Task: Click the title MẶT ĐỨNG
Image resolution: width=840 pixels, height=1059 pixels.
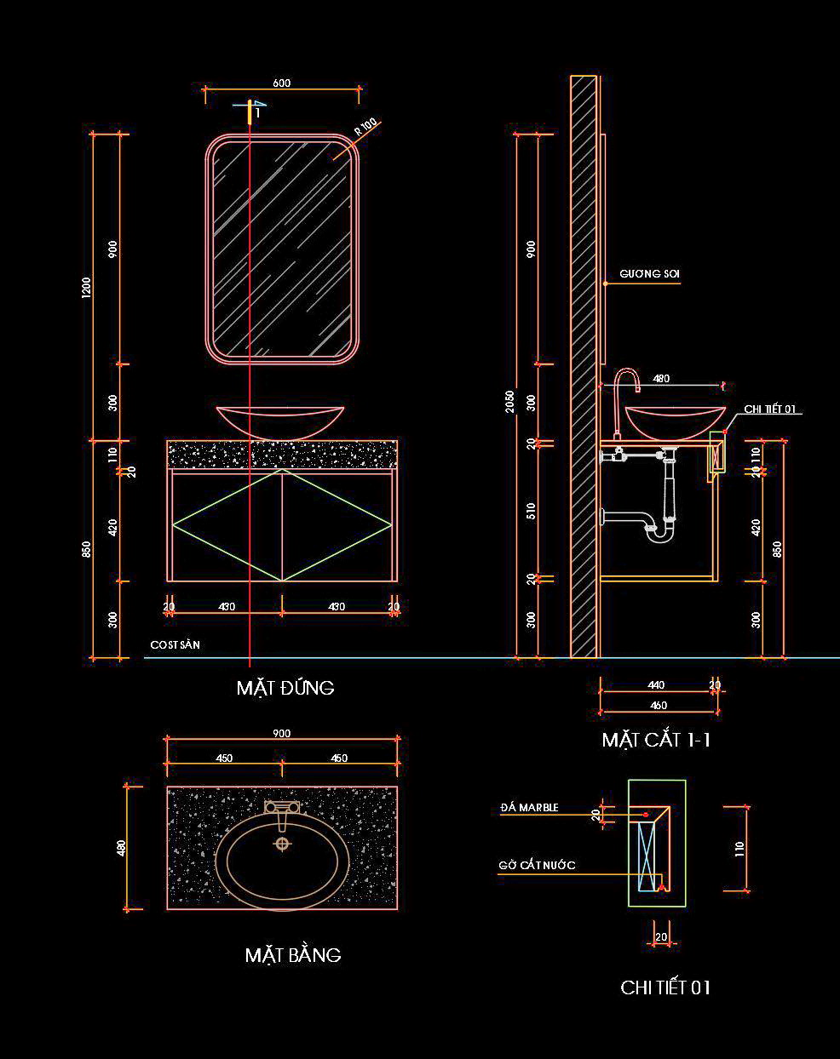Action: pyautogui.click(x=285, y=688)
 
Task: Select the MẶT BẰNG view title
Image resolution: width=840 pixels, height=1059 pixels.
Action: pyautogui.click(x=293, y=955)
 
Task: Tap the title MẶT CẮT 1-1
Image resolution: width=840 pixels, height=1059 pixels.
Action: pyautogui.click(x=656, y=740)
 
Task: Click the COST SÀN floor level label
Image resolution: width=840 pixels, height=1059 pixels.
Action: pyautogui.click(x=175, y=645)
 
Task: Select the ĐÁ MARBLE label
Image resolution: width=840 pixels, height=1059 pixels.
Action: pyautogui.click(x=529, y=807)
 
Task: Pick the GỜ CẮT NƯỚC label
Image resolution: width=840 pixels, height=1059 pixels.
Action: pyautogui.click(x=537, y=866)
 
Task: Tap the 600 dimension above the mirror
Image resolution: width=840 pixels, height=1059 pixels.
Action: pyautogui.click(x=281, y=83)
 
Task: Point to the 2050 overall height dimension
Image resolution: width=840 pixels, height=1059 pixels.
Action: pyautogui.click(x=510, y=401)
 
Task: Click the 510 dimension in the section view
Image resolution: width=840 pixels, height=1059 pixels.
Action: pyautogui.click(x=532, y=512)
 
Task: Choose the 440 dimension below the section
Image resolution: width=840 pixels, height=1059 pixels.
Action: pyautogui.click(x=656, y=684)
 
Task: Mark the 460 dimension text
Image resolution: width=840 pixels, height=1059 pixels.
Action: pyautogui.click(x=658, y=705)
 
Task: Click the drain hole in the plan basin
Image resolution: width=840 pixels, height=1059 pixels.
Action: pyautogui.click(x=282, y=844)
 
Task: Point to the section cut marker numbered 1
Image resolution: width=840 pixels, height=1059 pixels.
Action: pyautogui.click(x=255, y=110)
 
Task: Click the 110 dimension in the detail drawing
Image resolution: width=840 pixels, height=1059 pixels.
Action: pyautogui.click(x=739, y=848)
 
